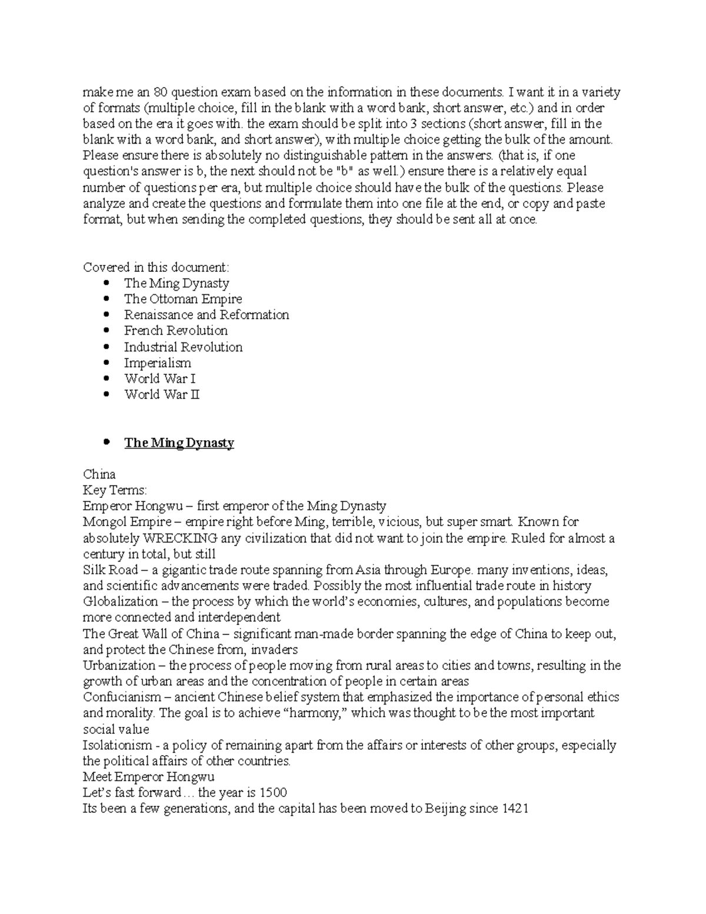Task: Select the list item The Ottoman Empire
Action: pos(182,299)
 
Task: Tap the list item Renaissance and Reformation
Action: pos(206,315)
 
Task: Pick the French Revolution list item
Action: pos(175,331)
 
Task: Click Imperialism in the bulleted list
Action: pos(157,363)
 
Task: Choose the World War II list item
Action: pos(162,395)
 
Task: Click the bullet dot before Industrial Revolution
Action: pos(106,347)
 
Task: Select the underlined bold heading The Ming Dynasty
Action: pos(178,443)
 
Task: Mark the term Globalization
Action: pos(120,601)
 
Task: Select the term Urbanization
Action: pos(119,666)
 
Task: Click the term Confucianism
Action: pos(121,697)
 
